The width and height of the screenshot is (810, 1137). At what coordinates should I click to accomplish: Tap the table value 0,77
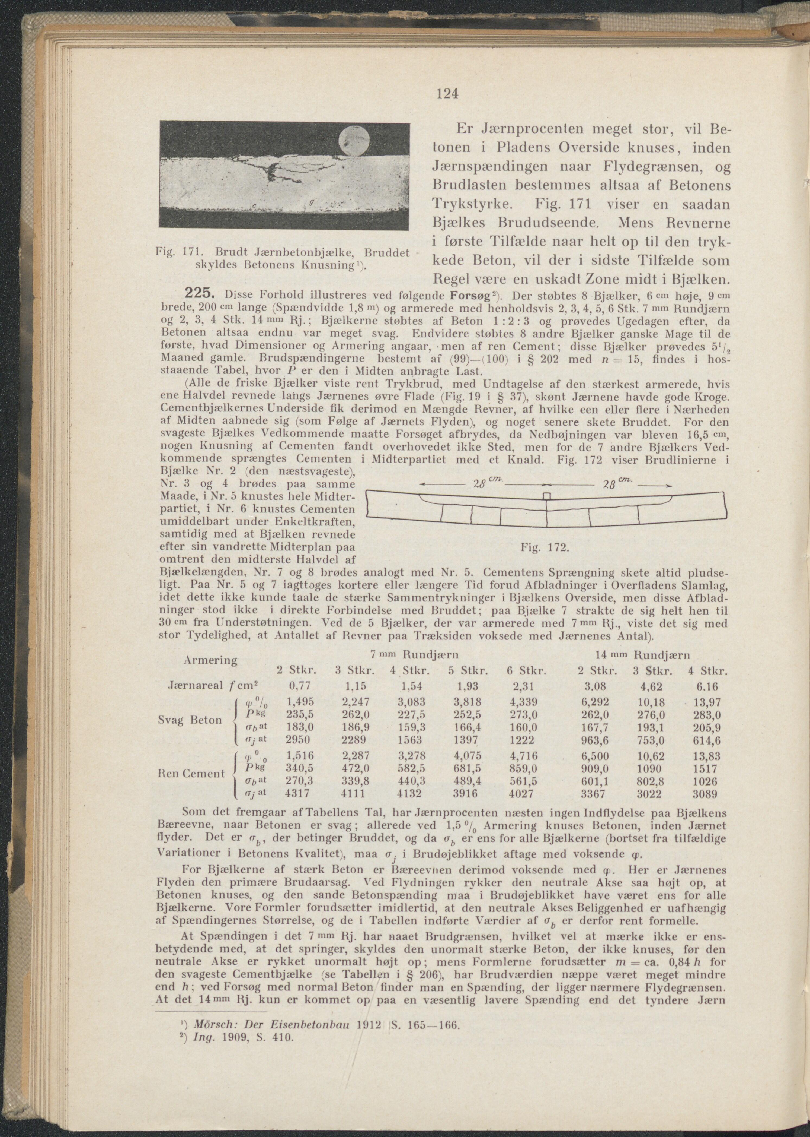[297, 686]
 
